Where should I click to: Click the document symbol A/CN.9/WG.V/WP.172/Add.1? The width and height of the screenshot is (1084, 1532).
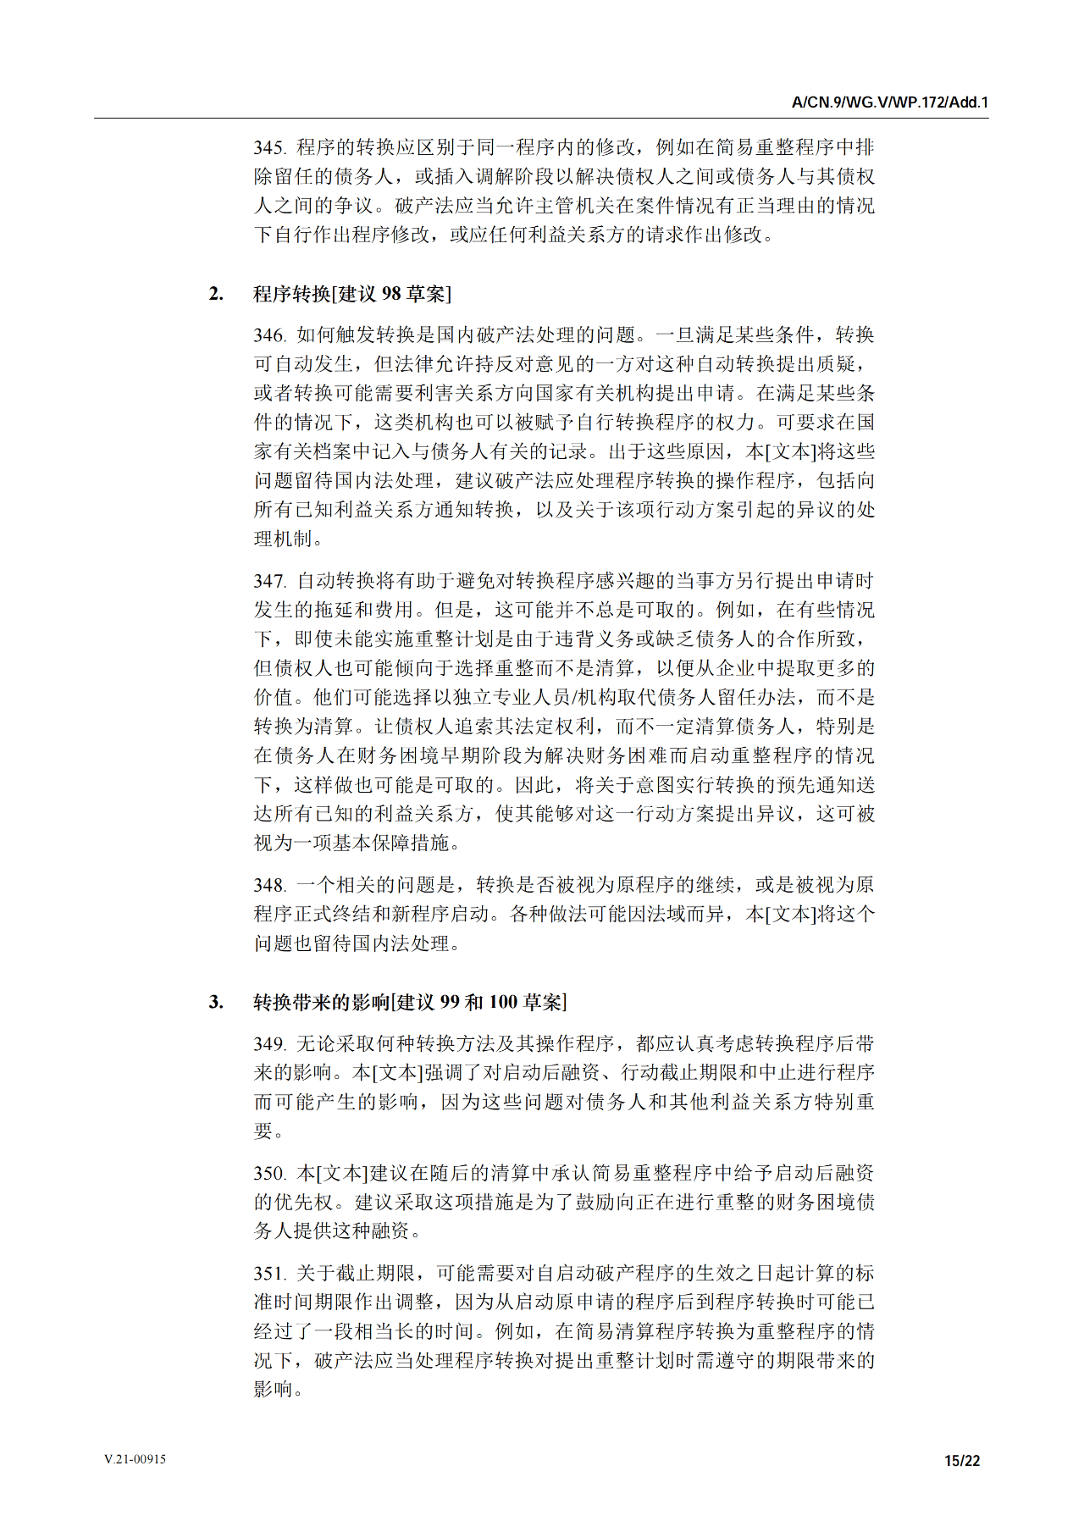[889, 102]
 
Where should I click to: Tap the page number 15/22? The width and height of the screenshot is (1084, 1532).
[962, 1460]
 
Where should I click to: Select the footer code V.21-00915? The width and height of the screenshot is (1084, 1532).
[135, 1459]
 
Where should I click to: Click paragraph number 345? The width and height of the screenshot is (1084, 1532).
[269, 148]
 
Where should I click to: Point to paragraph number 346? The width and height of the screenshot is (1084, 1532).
[269, 336]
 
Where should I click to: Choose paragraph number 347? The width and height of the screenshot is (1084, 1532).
[269, 582]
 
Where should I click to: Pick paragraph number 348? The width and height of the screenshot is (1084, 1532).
[269, 886]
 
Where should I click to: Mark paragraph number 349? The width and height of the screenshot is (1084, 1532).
[269, 1044]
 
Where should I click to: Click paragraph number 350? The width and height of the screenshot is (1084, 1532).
[269, 1174]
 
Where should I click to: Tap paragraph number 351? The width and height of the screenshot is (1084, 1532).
[269, 1274]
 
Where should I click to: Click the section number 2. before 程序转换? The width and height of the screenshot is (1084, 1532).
[216, 294]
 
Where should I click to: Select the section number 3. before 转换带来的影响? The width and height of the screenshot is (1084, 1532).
[216, 1003]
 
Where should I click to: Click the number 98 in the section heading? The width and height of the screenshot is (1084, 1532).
[391, 294]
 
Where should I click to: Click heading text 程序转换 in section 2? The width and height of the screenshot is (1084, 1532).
[291, 294]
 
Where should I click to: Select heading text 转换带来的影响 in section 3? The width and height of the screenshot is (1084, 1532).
[321, 1003]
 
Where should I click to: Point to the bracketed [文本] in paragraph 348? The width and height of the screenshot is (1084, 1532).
[791, 915]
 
